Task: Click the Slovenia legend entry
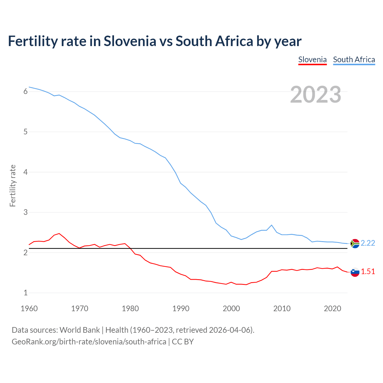point(312,60)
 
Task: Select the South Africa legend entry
point(354,60)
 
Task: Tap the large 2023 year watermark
point(315,95)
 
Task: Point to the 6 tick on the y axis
point(25,92)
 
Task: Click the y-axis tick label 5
point(25,132)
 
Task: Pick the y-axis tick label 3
point(25,212)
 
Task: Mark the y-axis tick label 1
point(25,293)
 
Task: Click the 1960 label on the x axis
point(29,308)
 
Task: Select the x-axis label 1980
point(130,308)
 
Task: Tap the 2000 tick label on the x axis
point(231,308)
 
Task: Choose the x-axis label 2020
point(332,308)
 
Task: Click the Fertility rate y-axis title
point(13,186)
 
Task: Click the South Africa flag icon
point(355,244)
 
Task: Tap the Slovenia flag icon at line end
point(355,272)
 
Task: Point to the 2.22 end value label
point(368,243)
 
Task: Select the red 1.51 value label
point(368,272)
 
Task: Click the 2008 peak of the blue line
point(271,225)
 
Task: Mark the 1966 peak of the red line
point(59,233)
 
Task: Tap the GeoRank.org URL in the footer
point(89,342)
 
